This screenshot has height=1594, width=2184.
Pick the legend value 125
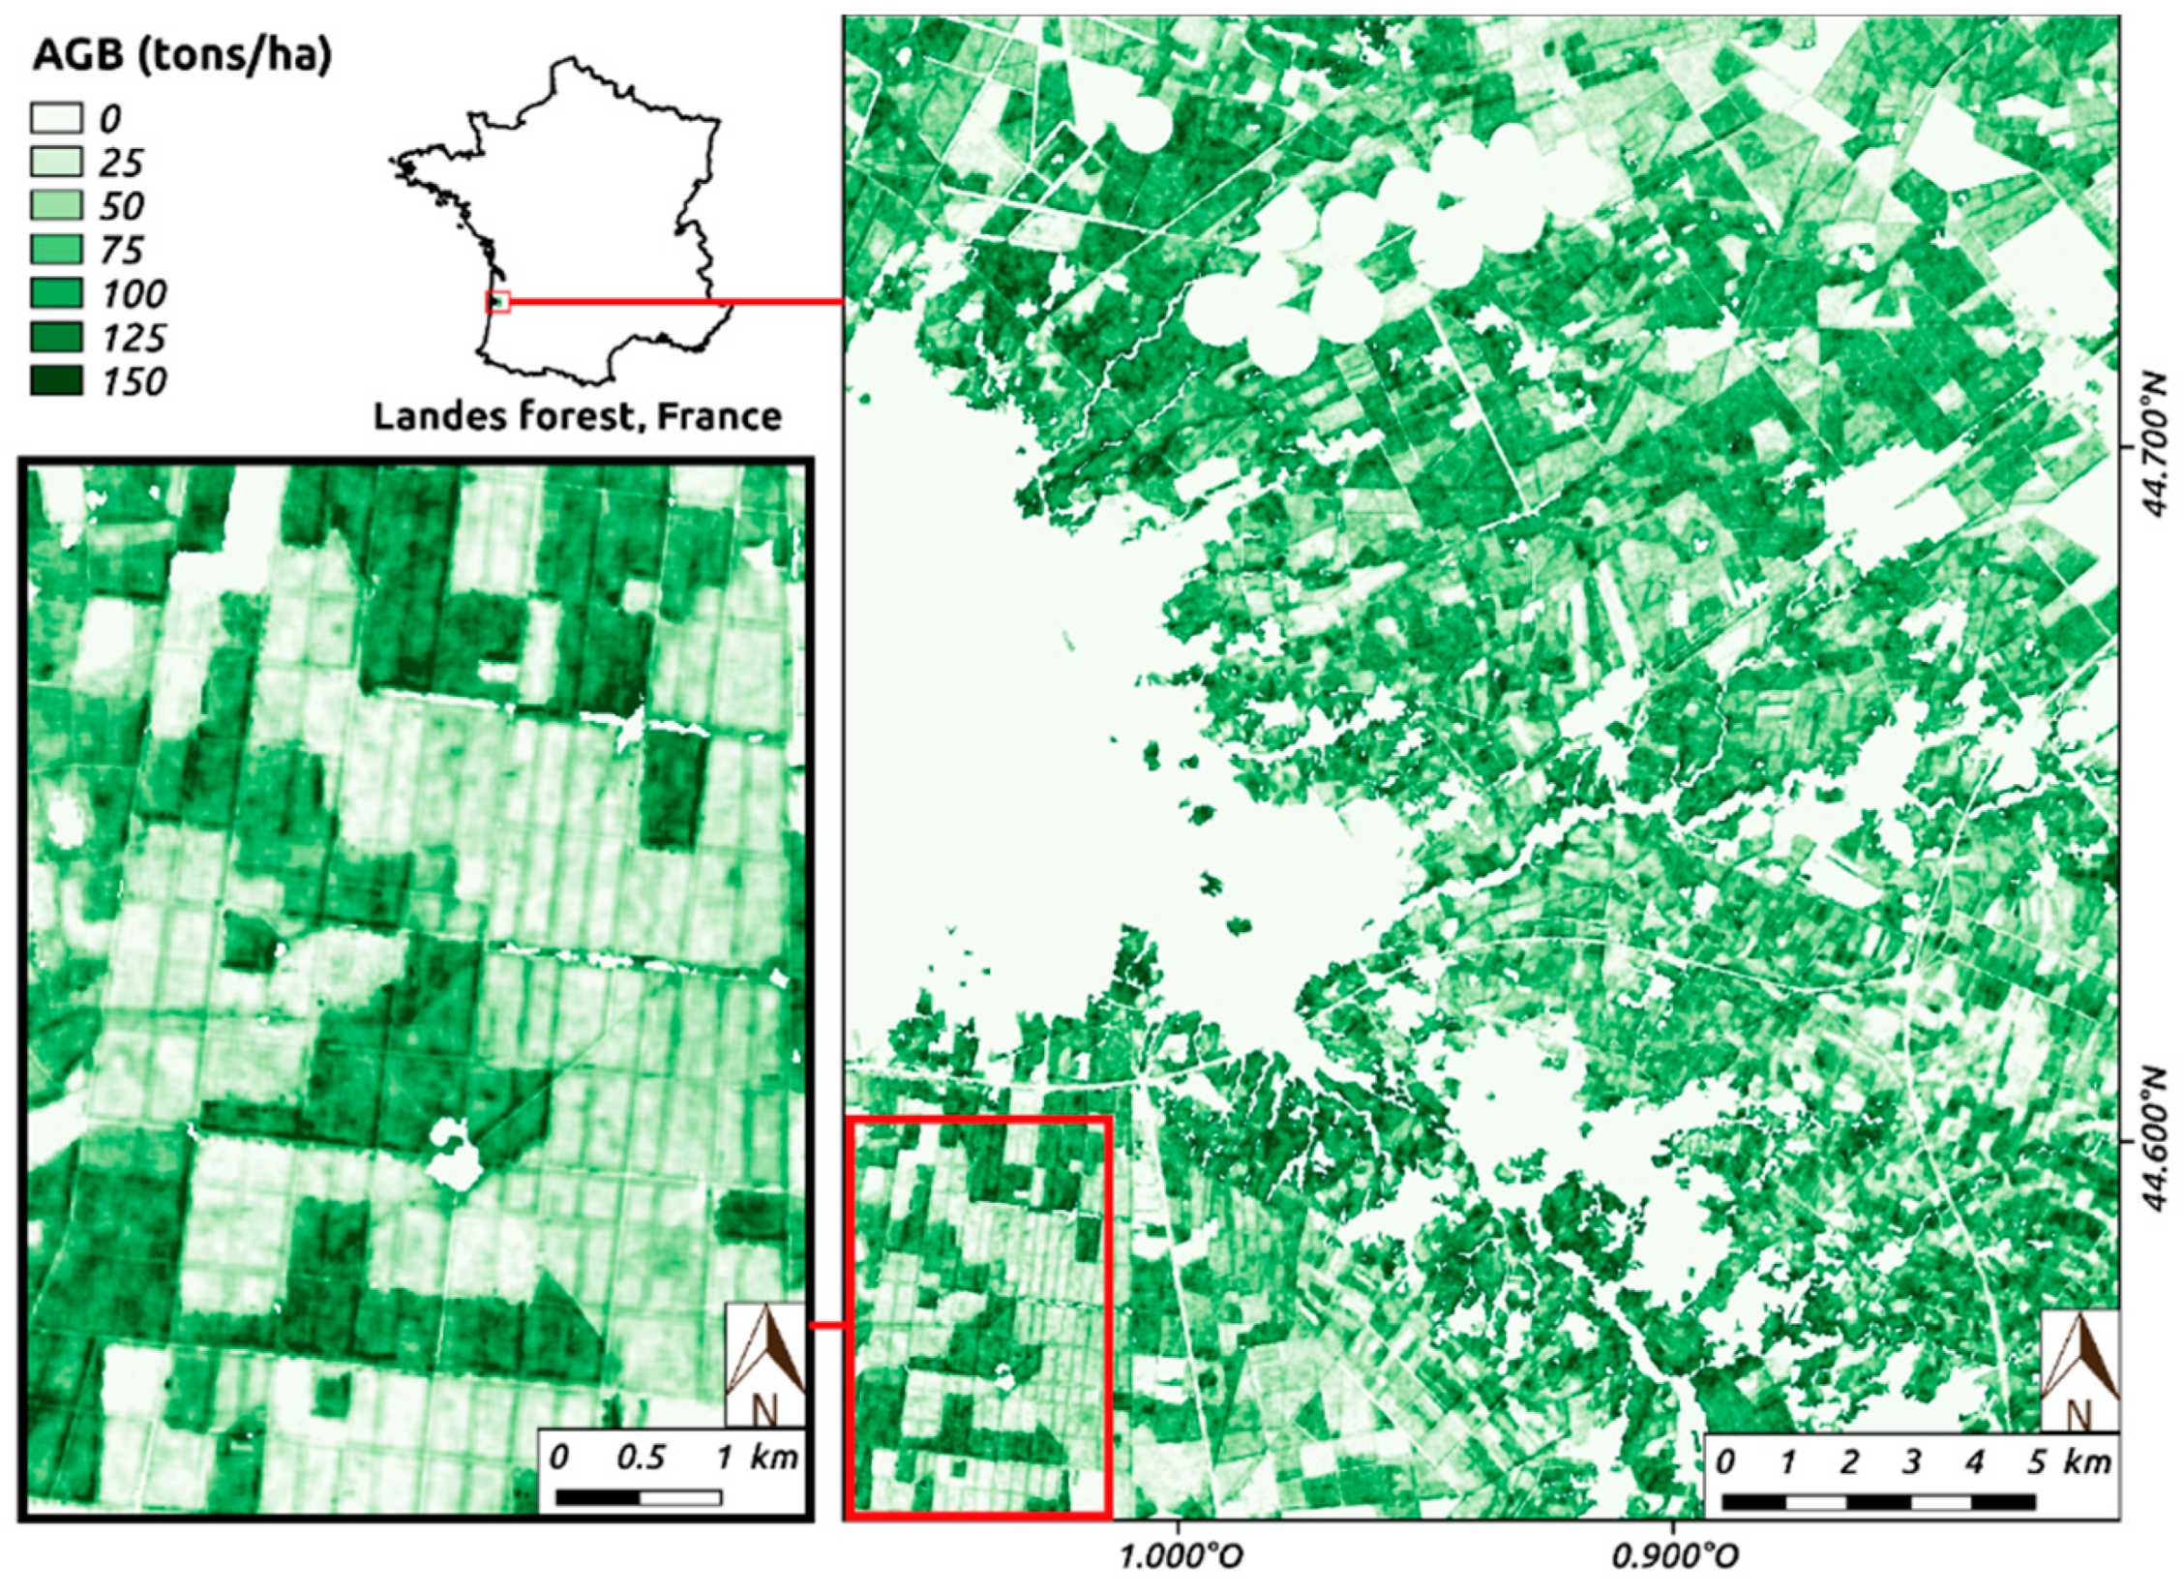133,338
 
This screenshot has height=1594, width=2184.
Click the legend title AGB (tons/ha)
182,57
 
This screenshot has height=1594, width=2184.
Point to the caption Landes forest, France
578,416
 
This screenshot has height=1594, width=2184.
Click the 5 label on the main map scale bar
2035,1461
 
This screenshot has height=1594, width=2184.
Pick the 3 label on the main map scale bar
1910,1461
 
